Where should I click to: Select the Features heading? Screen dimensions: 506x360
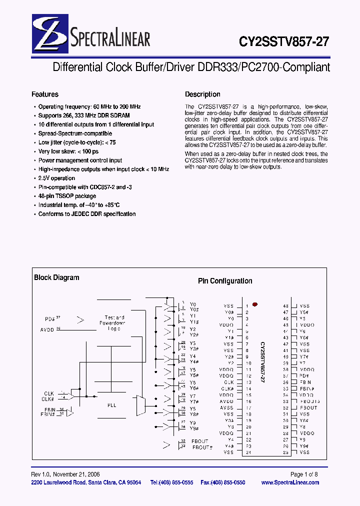coord(45,94)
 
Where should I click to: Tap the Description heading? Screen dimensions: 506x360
coord(202,94)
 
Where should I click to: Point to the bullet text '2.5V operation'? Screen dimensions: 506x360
coord(56,178)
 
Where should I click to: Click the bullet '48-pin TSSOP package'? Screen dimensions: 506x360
coord(67,196)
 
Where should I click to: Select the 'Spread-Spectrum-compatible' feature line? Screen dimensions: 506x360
coord(75,133)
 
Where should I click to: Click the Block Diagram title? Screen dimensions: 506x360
coord(56,278)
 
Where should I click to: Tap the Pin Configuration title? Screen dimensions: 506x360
coord(225,281)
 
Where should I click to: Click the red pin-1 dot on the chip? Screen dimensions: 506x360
coord(255,304)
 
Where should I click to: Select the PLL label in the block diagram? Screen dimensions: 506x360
coord(111,405)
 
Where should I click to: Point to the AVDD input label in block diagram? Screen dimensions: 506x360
coord(48,330)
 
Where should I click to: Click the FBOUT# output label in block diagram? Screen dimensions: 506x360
coord(202,447)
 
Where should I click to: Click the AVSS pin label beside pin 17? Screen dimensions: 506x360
coord(226,408)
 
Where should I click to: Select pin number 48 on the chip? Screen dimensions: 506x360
coord(285,305)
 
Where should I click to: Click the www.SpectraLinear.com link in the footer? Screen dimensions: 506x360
coord(290,482)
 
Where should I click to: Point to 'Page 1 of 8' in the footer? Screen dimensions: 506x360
coord(304,474)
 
